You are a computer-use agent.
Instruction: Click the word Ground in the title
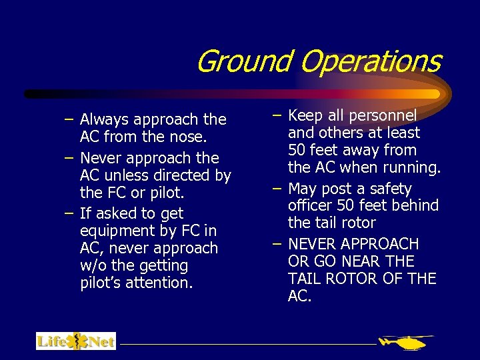[244, 61]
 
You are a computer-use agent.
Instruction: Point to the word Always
[105, 120]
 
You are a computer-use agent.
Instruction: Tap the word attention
[159, 283]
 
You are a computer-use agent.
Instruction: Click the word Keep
[306, 115]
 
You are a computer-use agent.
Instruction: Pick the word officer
[311, 205]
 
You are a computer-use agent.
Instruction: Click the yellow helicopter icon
[403, 343]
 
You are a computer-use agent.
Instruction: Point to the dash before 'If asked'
[69, 214]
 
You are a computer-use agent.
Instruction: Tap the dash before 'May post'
[277, 189]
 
